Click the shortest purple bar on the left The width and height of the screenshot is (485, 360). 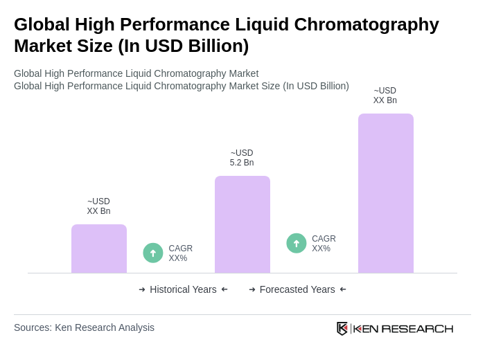[99, 249]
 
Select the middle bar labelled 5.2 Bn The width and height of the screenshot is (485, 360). [242, 224]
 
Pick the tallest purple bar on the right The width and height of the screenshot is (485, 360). [385, 193]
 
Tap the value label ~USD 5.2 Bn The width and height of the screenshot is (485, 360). [242, 158]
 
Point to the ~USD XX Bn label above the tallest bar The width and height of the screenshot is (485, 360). [385, 96]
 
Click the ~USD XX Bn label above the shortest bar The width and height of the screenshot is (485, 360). [98, 206]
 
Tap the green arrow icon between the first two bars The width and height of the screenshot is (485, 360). [153, 253]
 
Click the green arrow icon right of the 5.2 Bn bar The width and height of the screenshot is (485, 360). [297, 243]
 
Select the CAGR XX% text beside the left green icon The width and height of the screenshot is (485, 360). [180, 253]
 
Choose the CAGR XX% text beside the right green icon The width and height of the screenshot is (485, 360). [324, 244]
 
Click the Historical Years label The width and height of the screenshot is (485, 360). [183, 289]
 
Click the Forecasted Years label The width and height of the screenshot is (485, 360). [297, 289]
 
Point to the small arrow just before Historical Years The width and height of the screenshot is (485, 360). [142, 289]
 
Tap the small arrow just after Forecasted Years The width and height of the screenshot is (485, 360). [343, 289]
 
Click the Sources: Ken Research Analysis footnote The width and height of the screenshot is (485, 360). [84, 327]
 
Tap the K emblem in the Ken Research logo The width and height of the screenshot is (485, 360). [342, 328]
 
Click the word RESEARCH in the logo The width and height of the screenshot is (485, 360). [417, 328]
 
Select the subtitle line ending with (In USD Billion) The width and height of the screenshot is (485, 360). [182, 86]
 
